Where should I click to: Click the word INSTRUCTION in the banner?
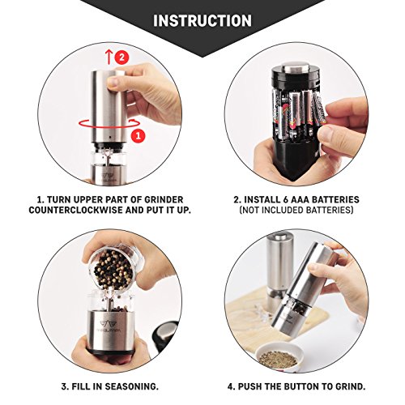[202, 21]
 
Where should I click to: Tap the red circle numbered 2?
[122, 58]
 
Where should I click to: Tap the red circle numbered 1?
[139, 135]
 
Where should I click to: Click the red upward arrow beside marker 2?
[109, 58]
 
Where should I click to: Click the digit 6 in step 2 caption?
[286, 200]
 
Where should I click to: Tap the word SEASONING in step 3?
[130, 386]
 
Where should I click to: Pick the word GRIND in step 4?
[350, 386]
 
